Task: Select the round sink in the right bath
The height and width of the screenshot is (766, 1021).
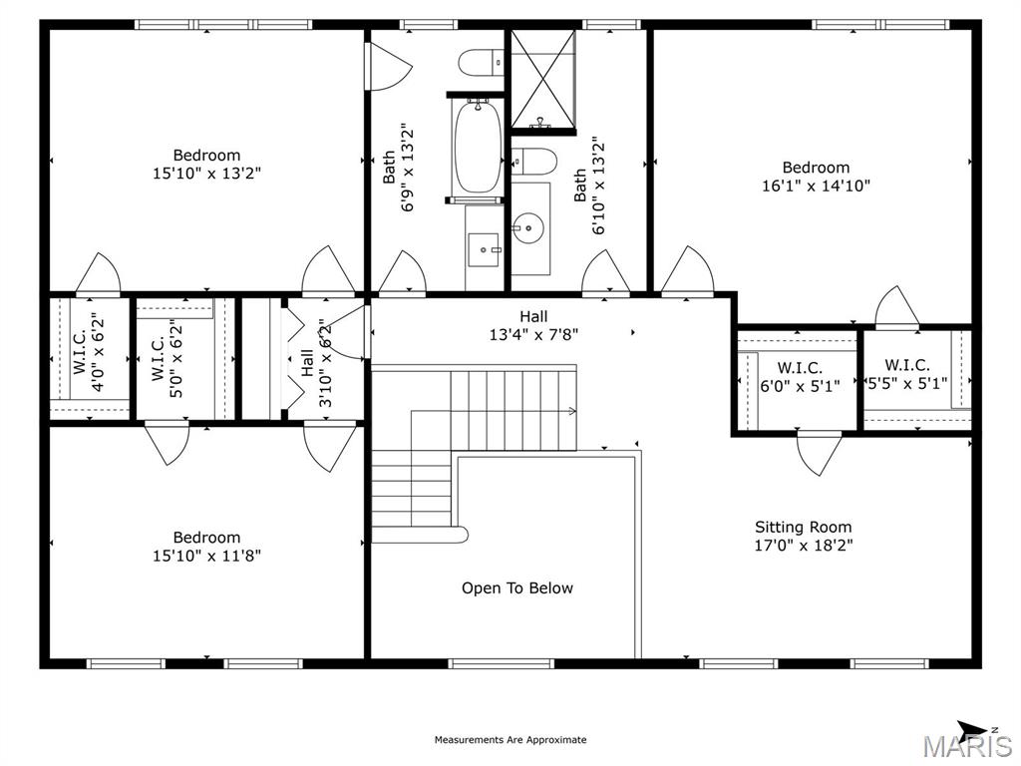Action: tap(528, 228)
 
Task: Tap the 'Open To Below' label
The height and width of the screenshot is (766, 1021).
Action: tap(516, 588)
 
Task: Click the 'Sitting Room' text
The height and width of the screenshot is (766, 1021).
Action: tap(803, 528)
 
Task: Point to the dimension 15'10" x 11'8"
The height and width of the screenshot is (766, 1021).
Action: tap(206, 556)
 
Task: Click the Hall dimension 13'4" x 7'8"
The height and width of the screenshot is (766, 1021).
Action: tap(533, 335)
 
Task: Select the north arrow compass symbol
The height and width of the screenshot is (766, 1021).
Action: tap(973, 728)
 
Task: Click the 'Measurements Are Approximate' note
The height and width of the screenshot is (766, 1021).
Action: tap(510, 740)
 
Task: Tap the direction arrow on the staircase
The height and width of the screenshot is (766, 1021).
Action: tap(571, 410)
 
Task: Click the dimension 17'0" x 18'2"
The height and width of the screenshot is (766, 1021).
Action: tap(803, 546)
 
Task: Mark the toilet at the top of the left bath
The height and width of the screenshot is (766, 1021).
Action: tap(479, 62)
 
